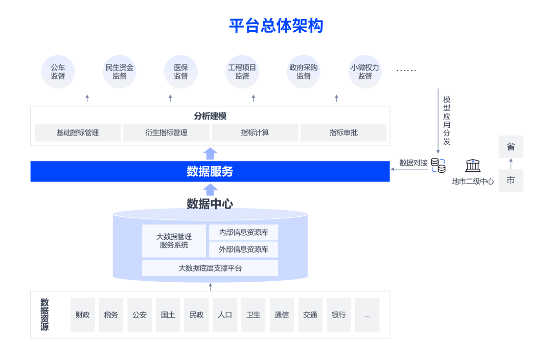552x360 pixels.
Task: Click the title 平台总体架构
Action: click(276, 26)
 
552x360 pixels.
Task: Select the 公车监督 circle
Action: click(58, 72)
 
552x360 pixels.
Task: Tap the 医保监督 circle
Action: click(181, 72)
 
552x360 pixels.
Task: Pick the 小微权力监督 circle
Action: click(365, 72)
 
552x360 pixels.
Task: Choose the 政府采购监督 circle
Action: click(304, 72)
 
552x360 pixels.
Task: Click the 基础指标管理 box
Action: click(78, 133)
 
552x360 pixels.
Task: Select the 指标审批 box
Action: click(343, 133)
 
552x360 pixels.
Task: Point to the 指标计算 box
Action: click(255, 133)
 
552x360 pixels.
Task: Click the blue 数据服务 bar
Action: click(210, 171)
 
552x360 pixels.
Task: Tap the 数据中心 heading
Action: click(210, 204)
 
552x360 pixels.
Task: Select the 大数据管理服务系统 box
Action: click(174, 241)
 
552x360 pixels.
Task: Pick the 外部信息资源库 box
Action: click(244, 250)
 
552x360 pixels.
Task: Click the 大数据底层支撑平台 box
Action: click(210, 268)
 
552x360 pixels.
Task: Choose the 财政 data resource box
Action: click(83, 315)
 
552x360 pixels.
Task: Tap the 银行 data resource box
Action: click(339, 315)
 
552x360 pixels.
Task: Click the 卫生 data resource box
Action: click(254, 315)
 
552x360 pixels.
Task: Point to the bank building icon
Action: click(473, 165)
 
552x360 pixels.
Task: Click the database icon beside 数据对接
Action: click(438, 165)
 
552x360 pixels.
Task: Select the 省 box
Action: click(511, 147)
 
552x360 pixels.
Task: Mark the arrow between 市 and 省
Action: click(511, 164)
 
